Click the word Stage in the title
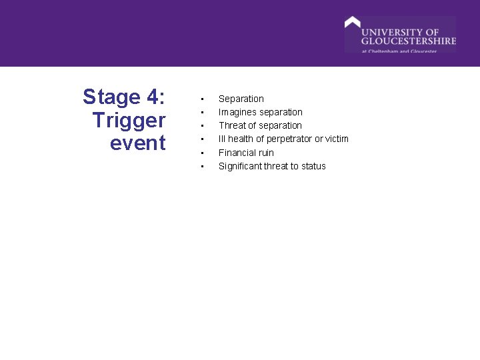click(110, 97)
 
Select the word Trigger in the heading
click(129, 121)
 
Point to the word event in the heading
click(138, 143)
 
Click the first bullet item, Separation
click(241, 99)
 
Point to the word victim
click(337, 139)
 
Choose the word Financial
click(237, 153)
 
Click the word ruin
click(266, 153)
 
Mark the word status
click(313, 166)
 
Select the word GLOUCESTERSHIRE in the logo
click(409, 41)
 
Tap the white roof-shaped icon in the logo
click(352, 22)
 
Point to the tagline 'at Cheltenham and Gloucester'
click(399, 51)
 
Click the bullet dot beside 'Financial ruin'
click(201, 153)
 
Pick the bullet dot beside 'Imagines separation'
click(201, 113)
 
